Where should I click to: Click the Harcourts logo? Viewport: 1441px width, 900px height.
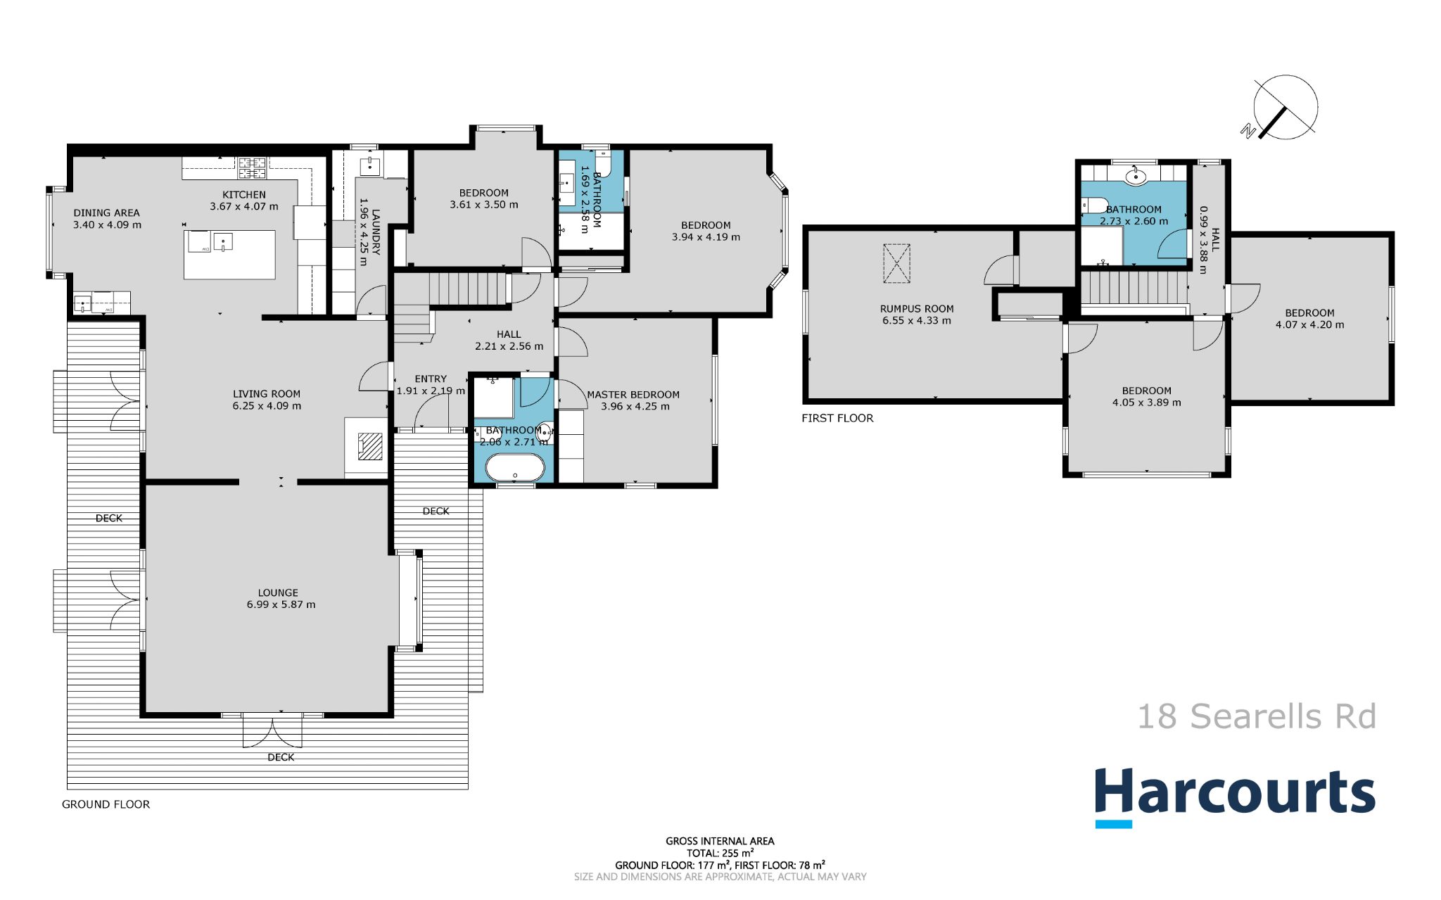[x=1235, y=797]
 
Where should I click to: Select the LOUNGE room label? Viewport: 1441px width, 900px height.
[x=278, y=592]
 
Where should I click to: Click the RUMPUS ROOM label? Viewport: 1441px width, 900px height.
[x=917, y=308]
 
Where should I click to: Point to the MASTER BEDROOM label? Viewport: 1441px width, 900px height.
[x=633, y=395]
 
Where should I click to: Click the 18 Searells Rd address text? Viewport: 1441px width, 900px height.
[x=1257, y=716]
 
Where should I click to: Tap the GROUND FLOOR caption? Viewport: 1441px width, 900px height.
[x=106, y=804]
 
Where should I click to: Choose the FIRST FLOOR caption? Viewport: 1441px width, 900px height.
[x=837, y=418]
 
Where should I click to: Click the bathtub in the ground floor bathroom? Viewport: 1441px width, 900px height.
[x=515, y=467]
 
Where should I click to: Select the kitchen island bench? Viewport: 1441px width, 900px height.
[x=229, y=254]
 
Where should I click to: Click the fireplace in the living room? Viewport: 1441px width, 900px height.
[x=370, y=445]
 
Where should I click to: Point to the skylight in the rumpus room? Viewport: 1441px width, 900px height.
[x=896, y=263]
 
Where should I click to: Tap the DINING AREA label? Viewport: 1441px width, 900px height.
[x=106, y=213]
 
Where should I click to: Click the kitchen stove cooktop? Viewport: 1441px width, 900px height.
[x=252, y=167]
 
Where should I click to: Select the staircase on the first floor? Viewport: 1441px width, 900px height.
[x=1134, y=289]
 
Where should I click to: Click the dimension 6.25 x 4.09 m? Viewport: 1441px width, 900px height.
[x=267, y=406]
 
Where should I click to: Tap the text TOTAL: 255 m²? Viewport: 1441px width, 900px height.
[x=720, y=853]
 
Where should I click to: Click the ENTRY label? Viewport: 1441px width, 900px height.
[x=431, y=379]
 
